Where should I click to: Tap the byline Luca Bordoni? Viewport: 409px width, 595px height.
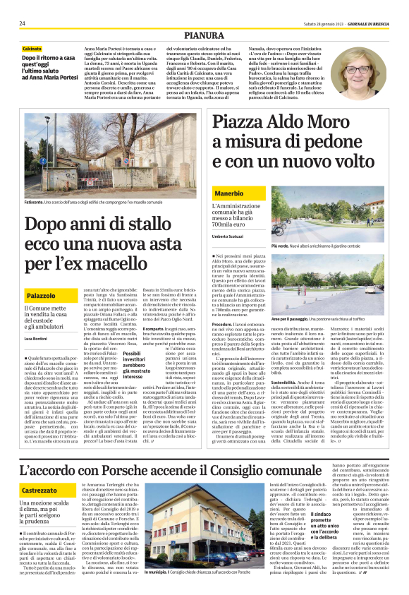[x=38, y=339]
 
